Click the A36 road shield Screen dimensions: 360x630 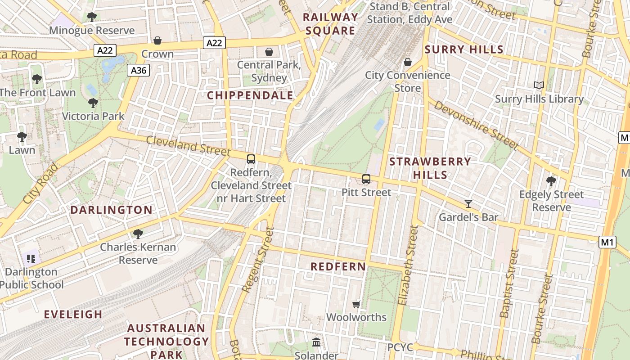click(138, 70)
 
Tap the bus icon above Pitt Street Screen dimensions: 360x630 click(366, 179)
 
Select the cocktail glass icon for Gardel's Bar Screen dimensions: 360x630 click(468, 204)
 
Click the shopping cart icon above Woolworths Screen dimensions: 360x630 click(356, 304)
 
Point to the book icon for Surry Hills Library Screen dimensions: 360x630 click(539, 85)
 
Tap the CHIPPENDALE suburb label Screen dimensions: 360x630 click(250, 95)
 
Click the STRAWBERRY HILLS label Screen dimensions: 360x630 click(430, 168)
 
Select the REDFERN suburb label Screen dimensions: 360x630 click(338, 266)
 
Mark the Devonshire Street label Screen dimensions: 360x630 click(476, 125)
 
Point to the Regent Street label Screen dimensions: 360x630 click(257, 260)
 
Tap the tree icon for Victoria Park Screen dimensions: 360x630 click(93, 103)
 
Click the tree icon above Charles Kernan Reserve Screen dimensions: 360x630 click(138, 234)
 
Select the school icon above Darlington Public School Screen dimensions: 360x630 click(31, 259)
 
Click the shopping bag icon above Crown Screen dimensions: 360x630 click(157, 41)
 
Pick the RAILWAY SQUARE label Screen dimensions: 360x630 click(331, 24)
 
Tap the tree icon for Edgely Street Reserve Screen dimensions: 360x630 click(551, 181)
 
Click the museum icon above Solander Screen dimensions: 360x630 click(316, 342)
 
